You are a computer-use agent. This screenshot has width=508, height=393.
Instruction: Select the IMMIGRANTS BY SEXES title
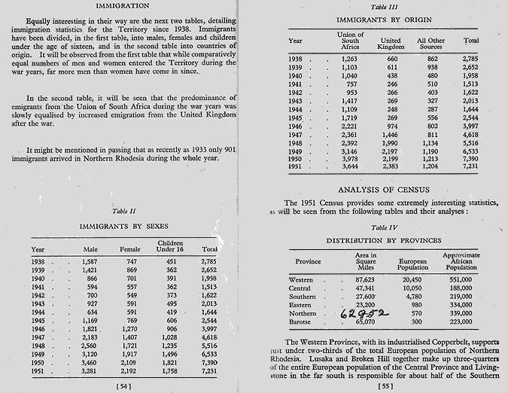point(124,225)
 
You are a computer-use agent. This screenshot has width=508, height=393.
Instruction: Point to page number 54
point(124,385)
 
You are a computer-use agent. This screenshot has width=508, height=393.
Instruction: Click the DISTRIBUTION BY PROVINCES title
point(379,240)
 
